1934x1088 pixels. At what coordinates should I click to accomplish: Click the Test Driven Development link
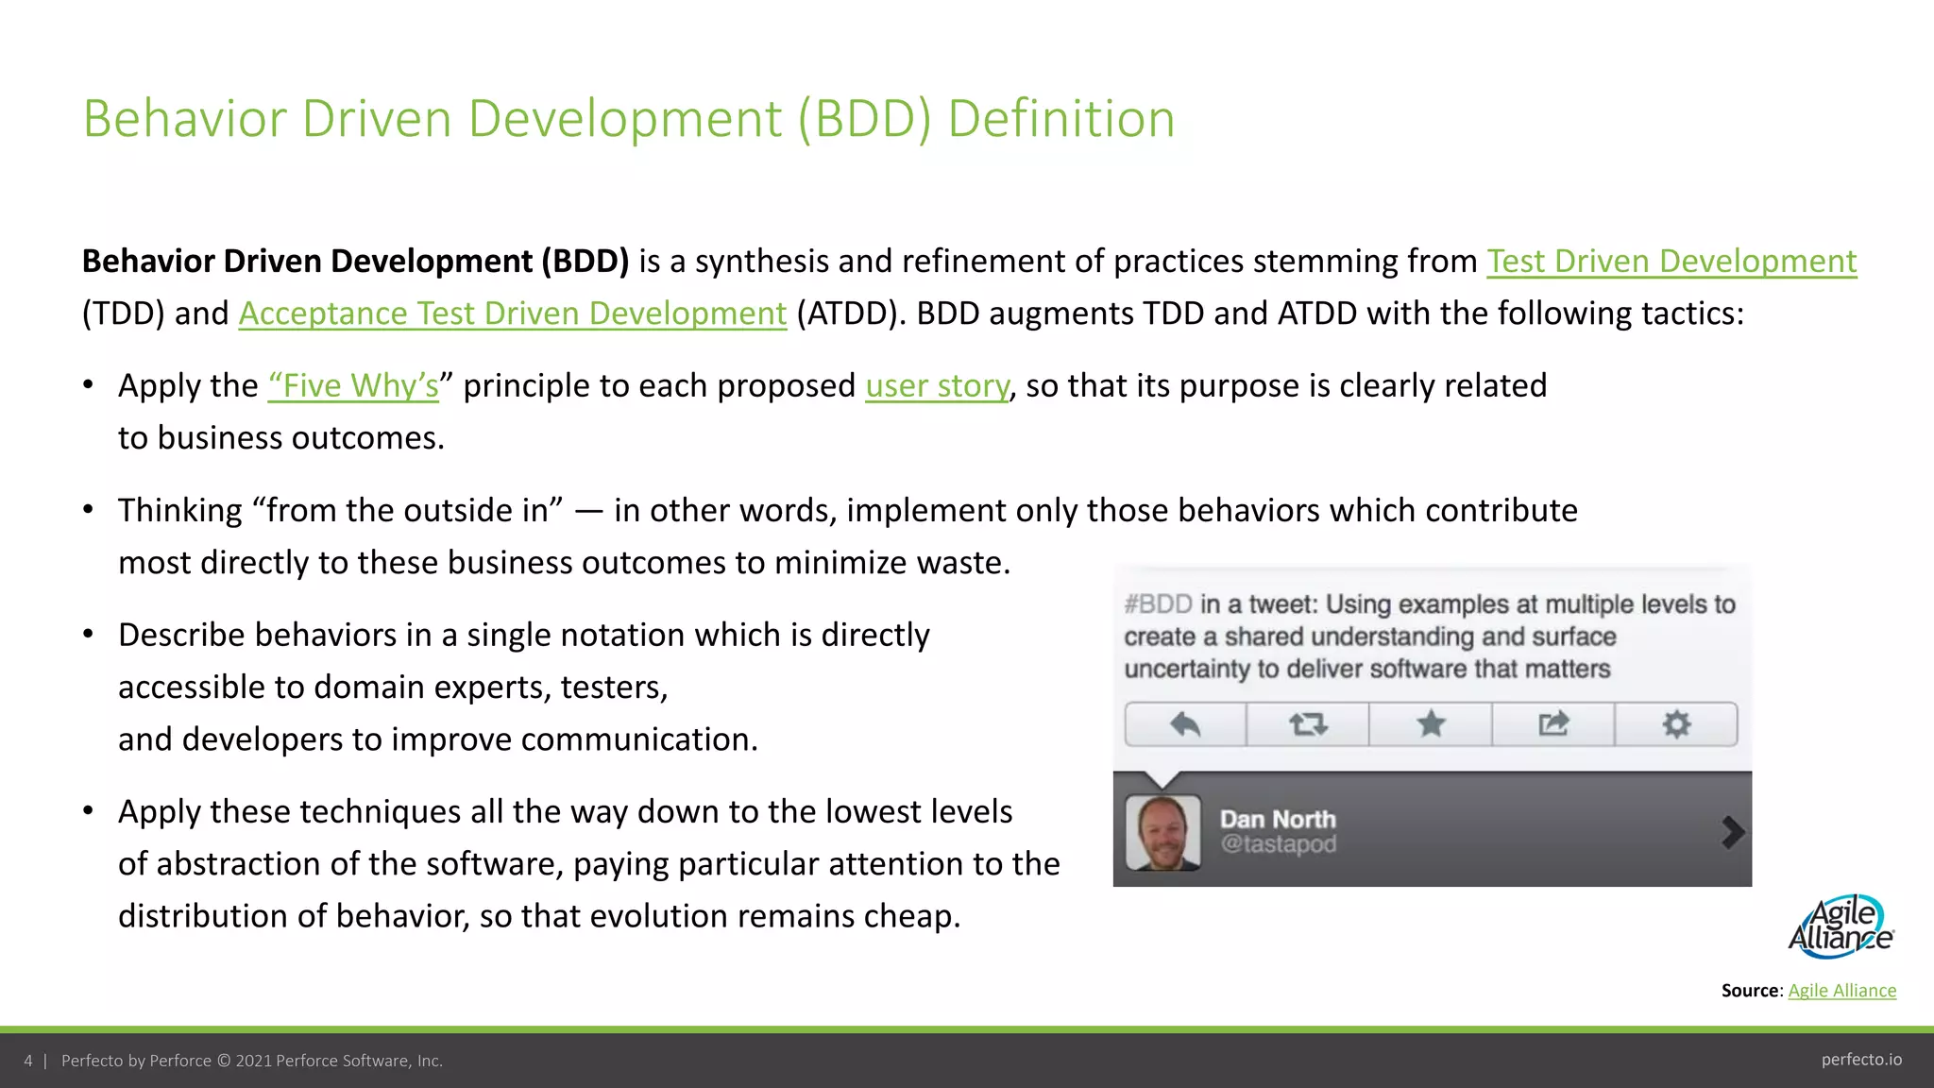(x=1671, y=262)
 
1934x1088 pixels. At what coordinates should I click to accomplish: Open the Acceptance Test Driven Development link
(x=512, y=314)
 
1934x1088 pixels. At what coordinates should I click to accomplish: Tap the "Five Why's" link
(x=353, y=386)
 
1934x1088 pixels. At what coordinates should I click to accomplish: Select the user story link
(x=937, y=386)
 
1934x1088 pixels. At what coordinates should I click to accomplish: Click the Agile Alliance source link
(x=1841, y=991)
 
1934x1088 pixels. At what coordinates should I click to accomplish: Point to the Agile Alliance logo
(x=1841, y=926)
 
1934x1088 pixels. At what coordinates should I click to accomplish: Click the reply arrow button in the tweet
(x=1185, y=724)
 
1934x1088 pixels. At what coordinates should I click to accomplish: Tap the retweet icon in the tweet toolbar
(x=1308, y=724)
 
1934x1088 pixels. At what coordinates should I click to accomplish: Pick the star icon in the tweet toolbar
(x=1431, y=724)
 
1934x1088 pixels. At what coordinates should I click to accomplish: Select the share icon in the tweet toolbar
(x=1553, y=724)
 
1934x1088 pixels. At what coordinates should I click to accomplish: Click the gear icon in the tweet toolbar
(x=1676, y=724)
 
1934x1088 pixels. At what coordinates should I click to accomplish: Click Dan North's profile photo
(x=1163, y=832)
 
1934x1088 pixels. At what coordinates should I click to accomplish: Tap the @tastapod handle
(x=1278, y=843)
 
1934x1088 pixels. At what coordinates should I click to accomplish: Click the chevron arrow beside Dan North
(x=1732, y=832)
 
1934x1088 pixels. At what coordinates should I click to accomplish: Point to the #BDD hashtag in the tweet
(x=1158, y=604)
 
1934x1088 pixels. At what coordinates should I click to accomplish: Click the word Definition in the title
(x=1060, y=119)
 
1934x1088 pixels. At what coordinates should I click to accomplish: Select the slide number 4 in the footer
(x=28, y=1061)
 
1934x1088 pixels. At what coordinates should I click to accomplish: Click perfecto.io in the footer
(x=1861, y=1060)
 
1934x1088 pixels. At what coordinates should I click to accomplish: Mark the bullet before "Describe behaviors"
(x=88, y=635)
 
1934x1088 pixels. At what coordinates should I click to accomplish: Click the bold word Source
(x=1750, y=991)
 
